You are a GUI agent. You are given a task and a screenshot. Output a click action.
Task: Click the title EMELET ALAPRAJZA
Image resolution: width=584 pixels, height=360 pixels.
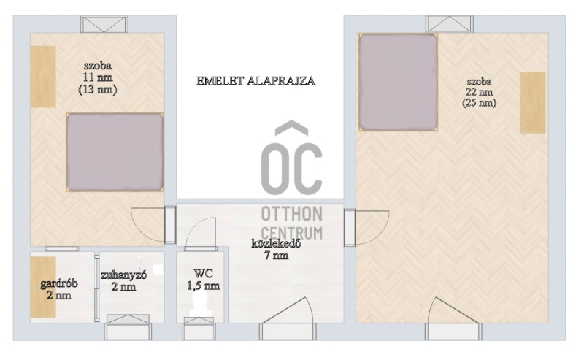click(x=255, y=81)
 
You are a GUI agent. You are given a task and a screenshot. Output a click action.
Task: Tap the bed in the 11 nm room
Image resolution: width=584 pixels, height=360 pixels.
click(x=115, y=153)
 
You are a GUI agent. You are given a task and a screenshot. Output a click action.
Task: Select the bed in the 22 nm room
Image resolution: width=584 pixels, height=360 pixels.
click(x=398, y=83)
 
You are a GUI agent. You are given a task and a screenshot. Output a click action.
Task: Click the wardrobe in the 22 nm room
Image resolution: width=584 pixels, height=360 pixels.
click(x=533, y=102)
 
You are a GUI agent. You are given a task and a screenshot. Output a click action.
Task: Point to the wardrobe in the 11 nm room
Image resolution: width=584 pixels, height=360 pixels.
click(x=43, y=77)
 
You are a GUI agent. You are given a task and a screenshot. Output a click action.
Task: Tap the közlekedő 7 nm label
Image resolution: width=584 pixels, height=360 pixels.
click(x=276, y=250)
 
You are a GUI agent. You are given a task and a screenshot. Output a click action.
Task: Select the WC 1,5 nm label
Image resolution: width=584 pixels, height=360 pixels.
click(x=203, y=280)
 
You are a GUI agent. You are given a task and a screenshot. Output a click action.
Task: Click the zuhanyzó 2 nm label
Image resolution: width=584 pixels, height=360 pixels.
click(x=123, y=280)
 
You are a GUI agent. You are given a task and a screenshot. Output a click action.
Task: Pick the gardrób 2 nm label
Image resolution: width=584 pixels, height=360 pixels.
click(x=59, y=289)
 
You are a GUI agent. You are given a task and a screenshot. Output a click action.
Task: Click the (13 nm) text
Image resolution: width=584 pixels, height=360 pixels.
click(x=98, y=90)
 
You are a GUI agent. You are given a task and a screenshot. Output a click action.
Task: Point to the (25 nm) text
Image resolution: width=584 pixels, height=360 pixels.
click(x=479, y=102)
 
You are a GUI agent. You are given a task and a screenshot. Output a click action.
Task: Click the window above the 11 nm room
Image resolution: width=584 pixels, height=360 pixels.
click(x=104, y=24)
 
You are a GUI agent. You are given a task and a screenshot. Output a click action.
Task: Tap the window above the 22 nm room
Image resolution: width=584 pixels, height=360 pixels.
click(x=450, y=24)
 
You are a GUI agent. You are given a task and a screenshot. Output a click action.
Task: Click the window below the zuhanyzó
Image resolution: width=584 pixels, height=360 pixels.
click(x=128, y=327)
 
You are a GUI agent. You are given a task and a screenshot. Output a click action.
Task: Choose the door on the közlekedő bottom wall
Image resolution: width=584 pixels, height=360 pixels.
click(x=288, y=319)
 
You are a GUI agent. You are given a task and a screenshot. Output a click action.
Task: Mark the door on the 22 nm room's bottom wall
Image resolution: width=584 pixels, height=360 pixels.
click(x=453, y=319)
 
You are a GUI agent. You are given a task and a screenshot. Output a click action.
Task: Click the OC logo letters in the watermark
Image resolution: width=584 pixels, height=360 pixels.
click(x=291, y=158)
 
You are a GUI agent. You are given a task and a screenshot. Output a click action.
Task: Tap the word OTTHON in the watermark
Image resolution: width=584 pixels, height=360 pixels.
click(x=291, y=214)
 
